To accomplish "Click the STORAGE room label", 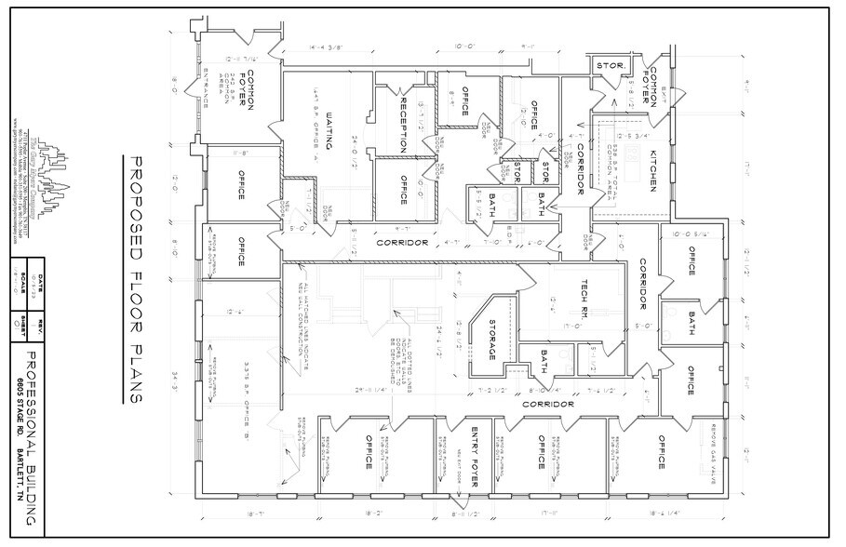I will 491,341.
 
